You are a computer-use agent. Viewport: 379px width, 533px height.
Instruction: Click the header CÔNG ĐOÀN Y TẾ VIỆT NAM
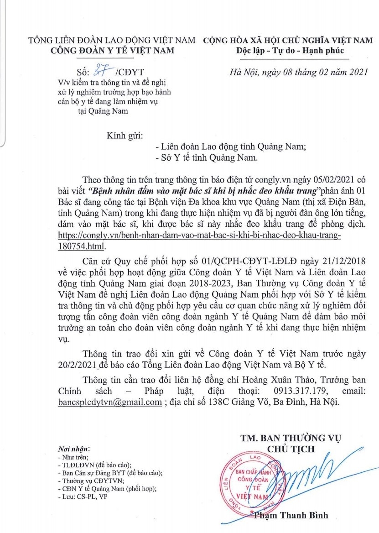pyautogui.click(x=112, y=50)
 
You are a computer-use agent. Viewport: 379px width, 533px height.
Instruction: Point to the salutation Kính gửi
pyautogui.click(x=125, y=136)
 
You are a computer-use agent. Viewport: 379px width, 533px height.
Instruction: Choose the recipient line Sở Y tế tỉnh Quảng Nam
pyautogui.click(x=207, y=158)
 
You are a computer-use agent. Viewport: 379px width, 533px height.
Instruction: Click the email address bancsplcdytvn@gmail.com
pyautogui.click(x=110, y=402)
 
